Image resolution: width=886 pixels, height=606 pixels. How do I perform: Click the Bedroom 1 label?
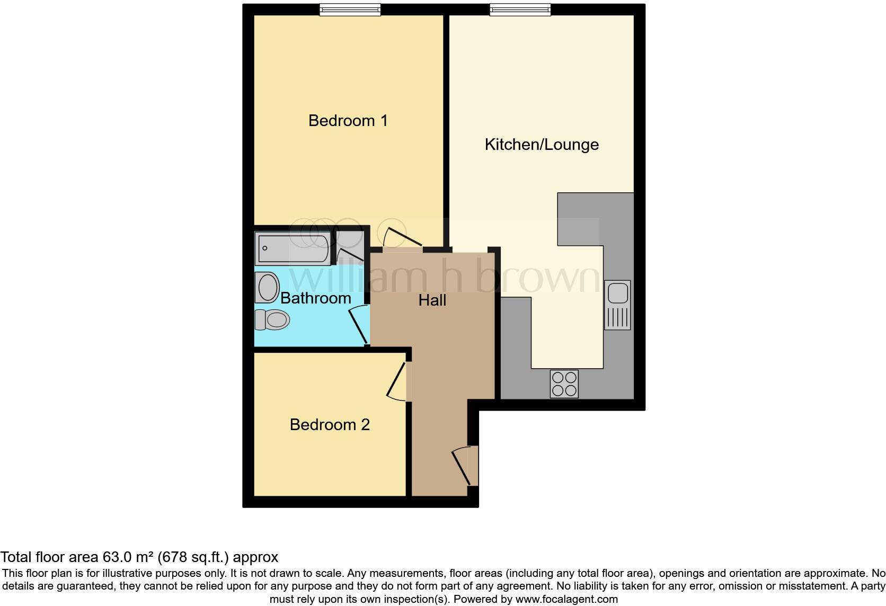[x=348, y=121]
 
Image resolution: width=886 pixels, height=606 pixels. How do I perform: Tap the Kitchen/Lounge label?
[x=542, y=145]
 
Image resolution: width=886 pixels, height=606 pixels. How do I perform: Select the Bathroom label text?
[x=315, y=298]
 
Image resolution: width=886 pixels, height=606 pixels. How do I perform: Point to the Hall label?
[x=432, y=300]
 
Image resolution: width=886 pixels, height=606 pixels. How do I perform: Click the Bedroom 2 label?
[x=330, y=425]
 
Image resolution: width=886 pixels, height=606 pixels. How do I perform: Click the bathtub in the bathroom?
[x=293, y=248]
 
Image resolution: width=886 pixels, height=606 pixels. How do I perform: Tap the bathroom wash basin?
[x=268, y=288]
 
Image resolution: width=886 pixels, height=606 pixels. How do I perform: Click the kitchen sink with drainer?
[x=618, y=305]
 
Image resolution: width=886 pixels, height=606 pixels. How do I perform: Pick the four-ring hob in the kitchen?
[x=564, y=384]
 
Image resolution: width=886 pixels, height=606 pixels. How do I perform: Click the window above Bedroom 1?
[x=350, y=9]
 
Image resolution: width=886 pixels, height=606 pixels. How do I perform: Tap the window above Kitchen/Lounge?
[x=520, y=9]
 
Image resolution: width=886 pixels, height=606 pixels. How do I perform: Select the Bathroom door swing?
[x=359, y=326]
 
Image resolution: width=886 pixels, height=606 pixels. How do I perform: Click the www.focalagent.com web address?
[x=566, y=600]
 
